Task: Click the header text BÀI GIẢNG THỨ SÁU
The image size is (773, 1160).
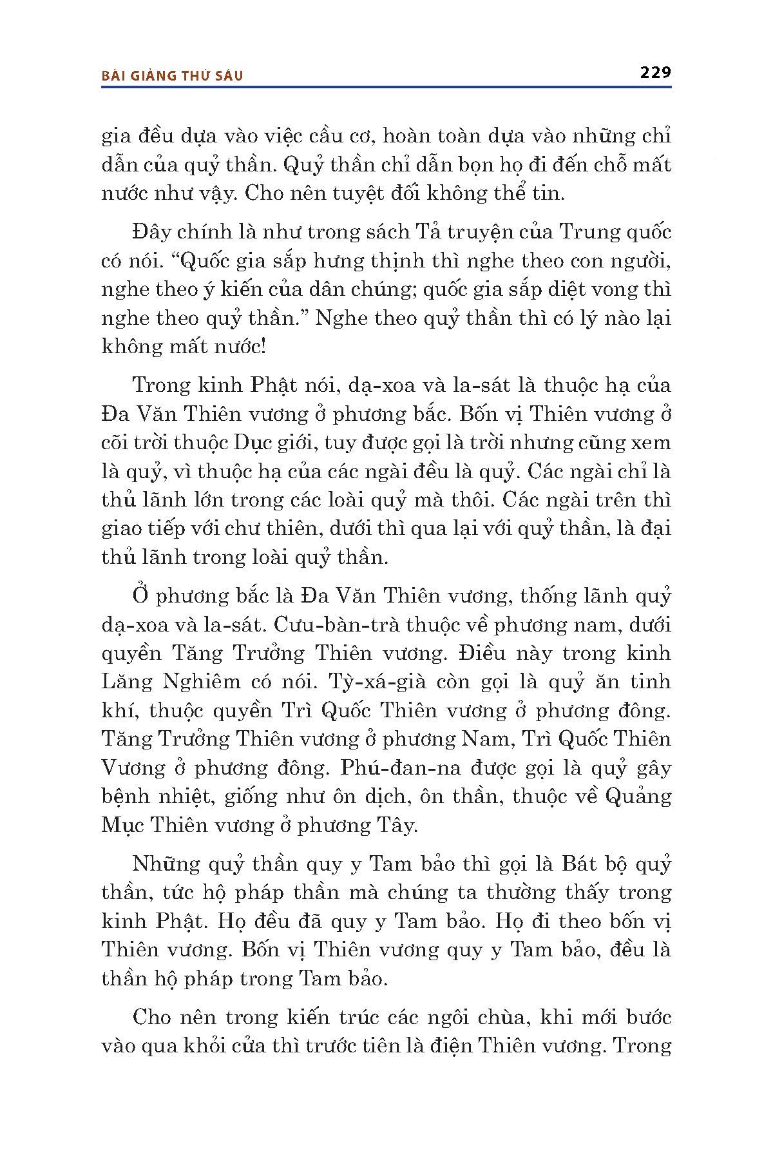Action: point(173,76)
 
